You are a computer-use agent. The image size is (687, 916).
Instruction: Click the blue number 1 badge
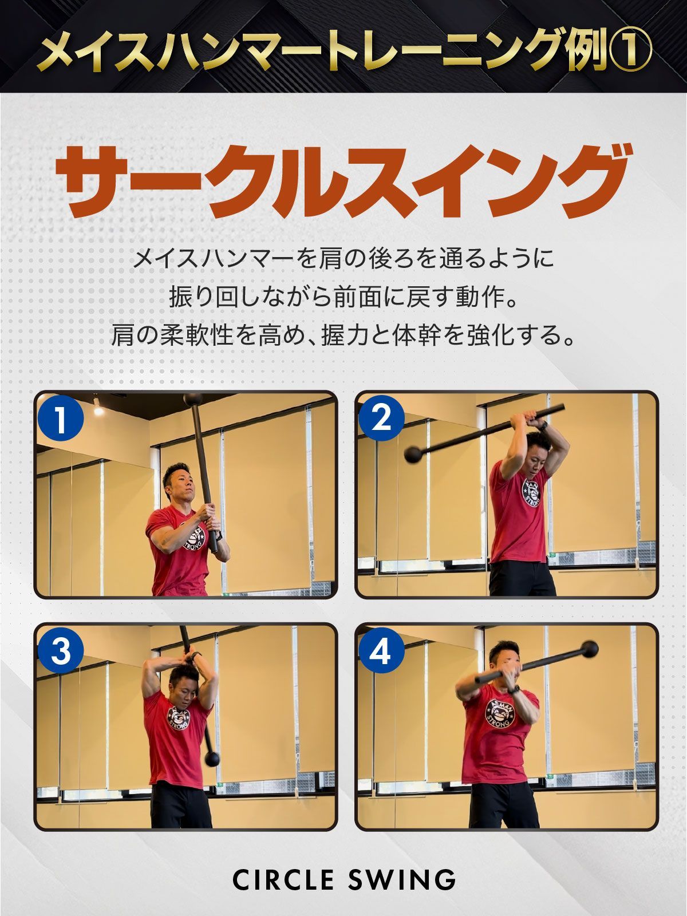coord(61,418)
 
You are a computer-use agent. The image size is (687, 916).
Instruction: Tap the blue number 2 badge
coord(381,418)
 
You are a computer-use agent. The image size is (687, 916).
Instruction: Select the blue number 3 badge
coord(61,651)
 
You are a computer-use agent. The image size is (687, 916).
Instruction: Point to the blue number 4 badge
coord(381,651)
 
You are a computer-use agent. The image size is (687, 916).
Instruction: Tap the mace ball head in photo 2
coord(414,454)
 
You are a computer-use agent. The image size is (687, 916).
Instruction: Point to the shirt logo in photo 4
coord(500,713)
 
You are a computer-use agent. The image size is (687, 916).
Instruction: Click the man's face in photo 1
coord(183,487)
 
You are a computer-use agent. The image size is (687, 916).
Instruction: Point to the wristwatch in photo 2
coord(543,425)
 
